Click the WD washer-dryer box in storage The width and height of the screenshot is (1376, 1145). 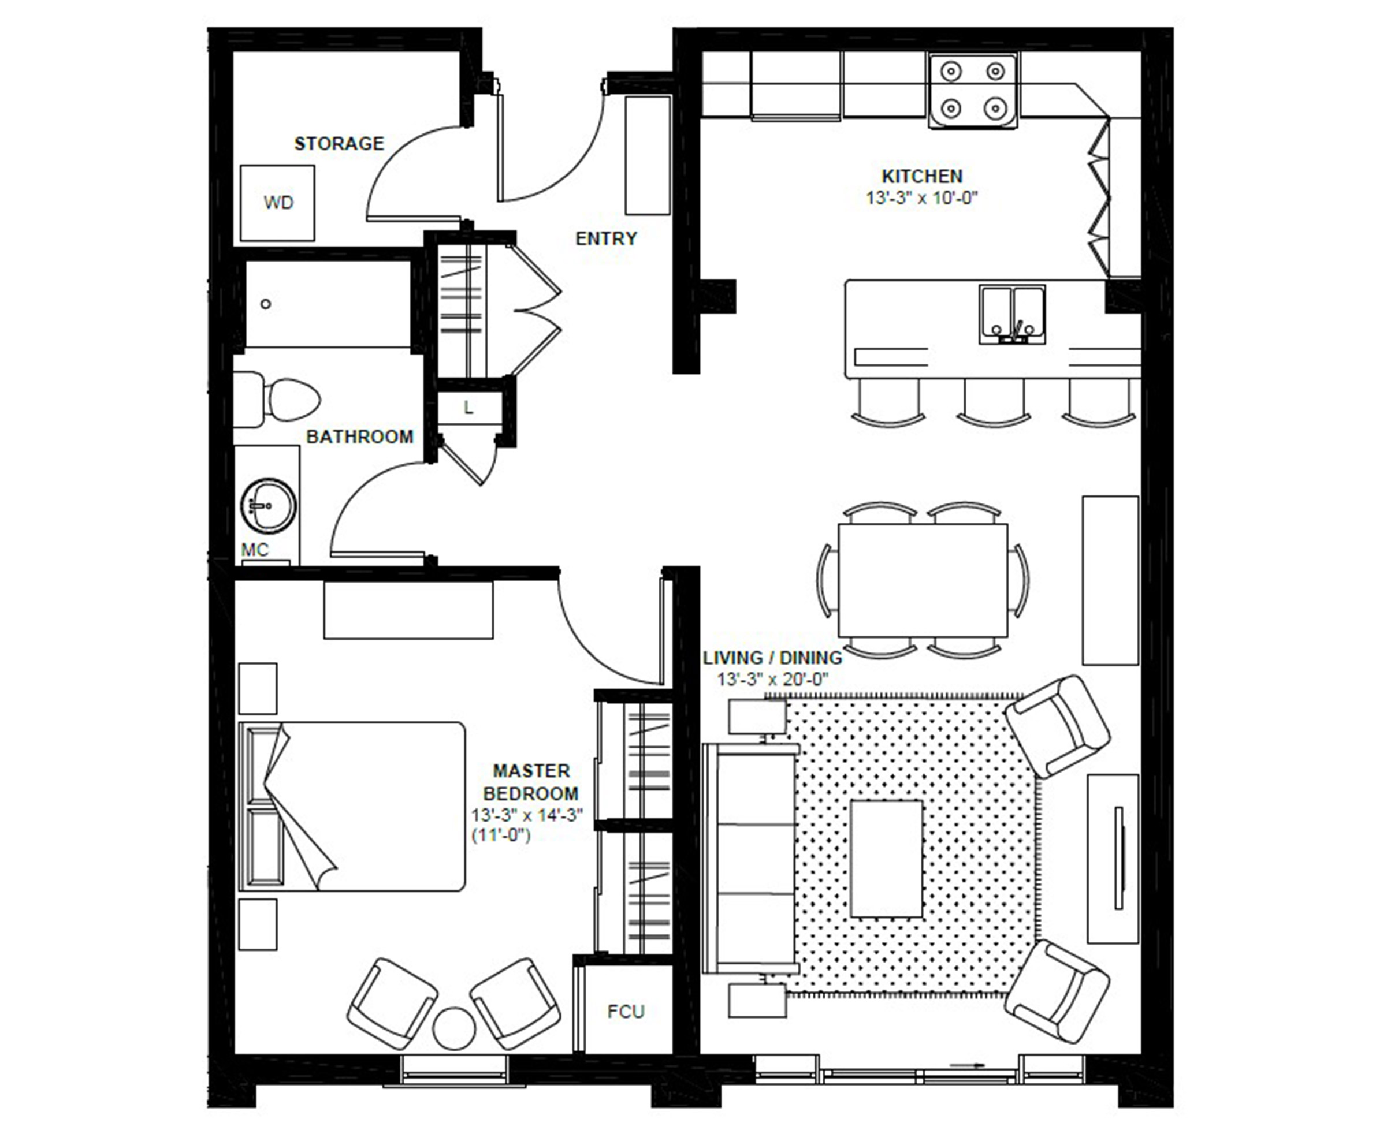[277, 203]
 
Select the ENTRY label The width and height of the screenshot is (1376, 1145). [606, 238]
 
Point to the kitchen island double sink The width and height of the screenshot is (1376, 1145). [1012, 315]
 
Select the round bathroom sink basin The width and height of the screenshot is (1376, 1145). [269, 505]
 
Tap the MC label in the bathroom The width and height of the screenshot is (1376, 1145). [255, 550]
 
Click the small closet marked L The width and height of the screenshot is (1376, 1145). [469, 408]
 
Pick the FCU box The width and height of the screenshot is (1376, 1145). [626, 1012]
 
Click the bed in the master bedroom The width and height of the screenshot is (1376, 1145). [352, 806]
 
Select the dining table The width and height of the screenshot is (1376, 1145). [923, 580]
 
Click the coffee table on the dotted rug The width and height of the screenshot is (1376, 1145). [887, 859]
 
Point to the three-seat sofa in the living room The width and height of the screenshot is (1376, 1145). [751, 858]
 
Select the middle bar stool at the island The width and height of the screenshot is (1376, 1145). [994, 402]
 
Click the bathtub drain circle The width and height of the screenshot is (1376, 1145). [265, 304]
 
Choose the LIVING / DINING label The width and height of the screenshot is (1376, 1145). [772, 658]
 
